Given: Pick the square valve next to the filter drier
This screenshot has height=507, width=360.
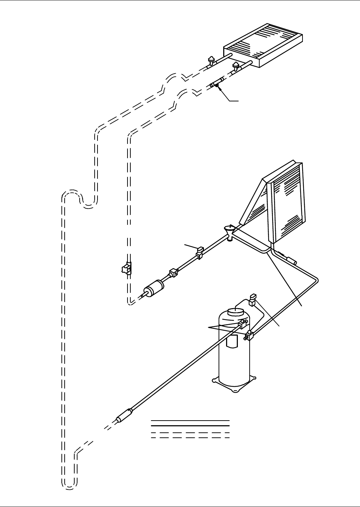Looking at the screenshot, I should coord(173,273).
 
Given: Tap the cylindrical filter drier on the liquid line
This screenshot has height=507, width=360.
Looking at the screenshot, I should coord(154,288).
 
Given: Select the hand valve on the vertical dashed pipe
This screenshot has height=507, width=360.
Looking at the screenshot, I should coord(125,268).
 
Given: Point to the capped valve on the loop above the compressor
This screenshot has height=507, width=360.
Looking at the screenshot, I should coord(253,299).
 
